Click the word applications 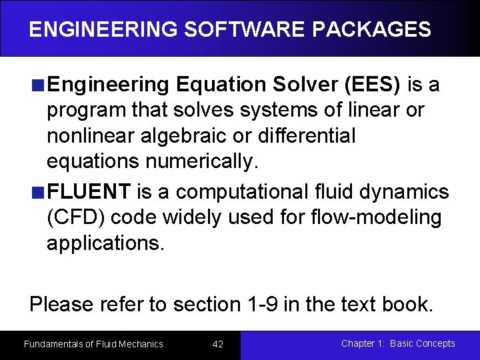105,243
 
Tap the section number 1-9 261,305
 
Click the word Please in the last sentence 61,305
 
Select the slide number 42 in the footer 217,344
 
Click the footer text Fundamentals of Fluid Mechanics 93,344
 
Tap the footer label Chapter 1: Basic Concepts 398,343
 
